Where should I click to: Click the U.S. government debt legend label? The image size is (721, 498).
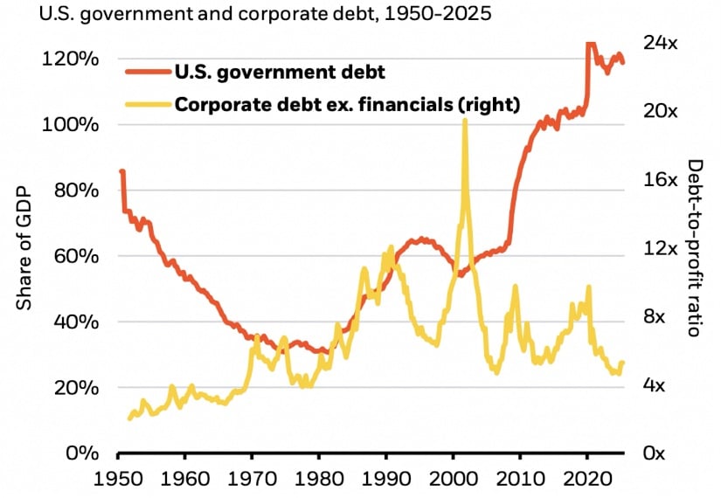(x=280, y=71)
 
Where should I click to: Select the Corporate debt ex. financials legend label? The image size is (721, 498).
(x=348, y=104)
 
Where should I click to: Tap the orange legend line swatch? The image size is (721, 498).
(x=148, y=71)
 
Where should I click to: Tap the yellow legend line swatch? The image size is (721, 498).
(x=148, y=104)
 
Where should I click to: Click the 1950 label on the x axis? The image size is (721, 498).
(x=118, y=479)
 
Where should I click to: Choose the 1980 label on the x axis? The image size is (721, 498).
(x=319, y=479)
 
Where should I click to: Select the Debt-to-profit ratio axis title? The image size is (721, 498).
(x=695, y=249)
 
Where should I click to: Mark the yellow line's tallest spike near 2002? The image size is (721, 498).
(x=464, y=120)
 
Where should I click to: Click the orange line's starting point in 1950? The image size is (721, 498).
(x=121, y=171)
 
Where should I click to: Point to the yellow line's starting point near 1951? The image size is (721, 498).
(x=128, y=418)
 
